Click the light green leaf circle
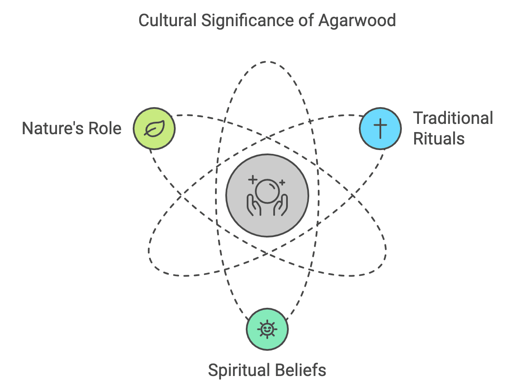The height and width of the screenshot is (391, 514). (x=154, y=128)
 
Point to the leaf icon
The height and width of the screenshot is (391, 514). (x=154, y=128)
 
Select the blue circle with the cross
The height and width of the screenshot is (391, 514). (x=380, y=128)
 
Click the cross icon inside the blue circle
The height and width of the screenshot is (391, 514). (x=380, y=128)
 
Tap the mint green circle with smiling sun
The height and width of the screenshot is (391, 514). (x=267, y=329)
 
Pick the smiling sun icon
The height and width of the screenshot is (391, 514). (x=267, y=329)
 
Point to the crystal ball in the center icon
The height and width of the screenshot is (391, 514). (x=267, y=190)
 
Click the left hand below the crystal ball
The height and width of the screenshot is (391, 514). (x=254, y=205)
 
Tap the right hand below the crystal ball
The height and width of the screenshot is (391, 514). (x=281, y=205)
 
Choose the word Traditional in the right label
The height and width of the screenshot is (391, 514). (x=453, y=118)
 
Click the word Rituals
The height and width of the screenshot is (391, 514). (x=439, y=138)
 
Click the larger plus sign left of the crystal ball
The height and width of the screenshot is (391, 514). (x=252, y=179)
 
